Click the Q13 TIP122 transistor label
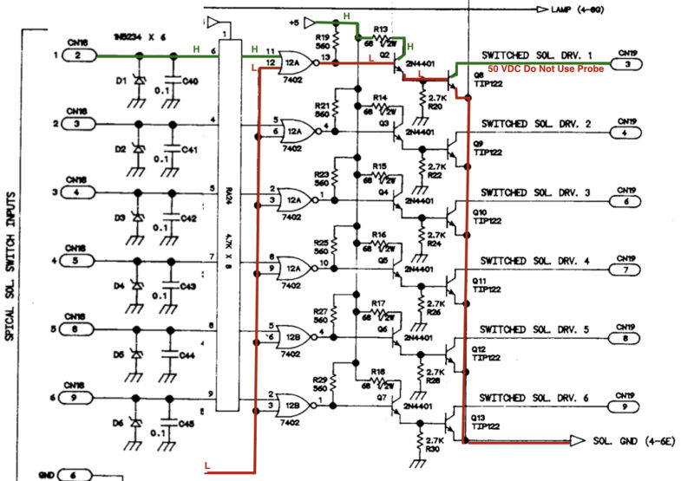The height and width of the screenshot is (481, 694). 485,420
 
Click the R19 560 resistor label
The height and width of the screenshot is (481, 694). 322,43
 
